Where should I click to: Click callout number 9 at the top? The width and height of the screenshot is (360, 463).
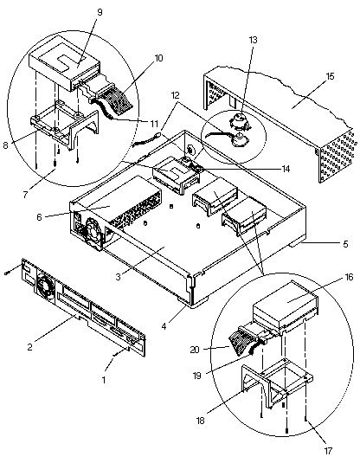click(x=100, y=13)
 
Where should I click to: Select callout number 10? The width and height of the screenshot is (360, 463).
click(x=158, y=58)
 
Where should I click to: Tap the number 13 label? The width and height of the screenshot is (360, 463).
click(x=253, y=40)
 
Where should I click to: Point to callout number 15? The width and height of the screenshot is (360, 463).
click(x=330, y=76)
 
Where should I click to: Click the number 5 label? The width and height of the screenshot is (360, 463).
click(x=345, y=244)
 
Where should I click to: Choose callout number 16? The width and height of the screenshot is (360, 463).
click(x=349, y=277)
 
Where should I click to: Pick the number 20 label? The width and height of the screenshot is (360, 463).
click(x=195, y=350)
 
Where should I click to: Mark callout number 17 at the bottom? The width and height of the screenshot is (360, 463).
click(x=328, y=451)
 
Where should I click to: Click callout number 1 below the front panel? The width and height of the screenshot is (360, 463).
click(x=103, y=380)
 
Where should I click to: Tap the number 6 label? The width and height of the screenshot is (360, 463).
click(x=39, y=217)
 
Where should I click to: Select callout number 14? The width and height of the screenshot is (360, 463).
click(x=286, y=169)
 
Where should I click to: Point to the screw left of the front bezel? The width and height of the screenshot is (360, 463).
click(x=7, y=273)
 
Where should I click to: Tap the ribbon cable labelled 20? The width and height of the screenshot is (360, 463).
click(x=243, y=342)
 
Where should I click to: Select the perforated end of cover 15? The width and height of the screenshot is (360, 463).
click(x=336, y=156)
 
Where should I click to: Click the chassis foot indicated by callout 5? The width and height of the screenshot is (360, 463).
click(x=296, y=244)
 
